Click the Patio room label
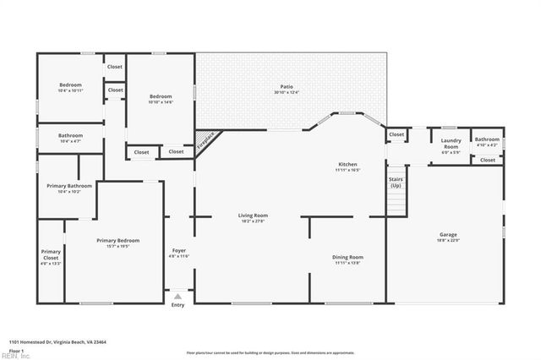(290, 87)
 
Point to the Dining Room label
(347, 257)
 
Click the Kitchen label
(347, 165)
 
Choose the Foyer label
(179, 251)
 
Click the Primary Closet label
(51, 254)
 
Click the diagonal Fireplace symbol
(205, 141)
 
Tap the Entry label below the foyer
(178, 305)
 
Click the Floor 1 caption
(17, 349)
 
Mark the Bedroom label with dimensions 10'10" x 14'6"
(161, 96)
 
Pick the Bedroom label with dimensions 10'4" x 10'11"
(70, 85)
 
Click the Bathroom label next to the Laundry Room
(487, 140)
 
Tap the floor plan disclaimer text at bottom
(270, 352)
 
